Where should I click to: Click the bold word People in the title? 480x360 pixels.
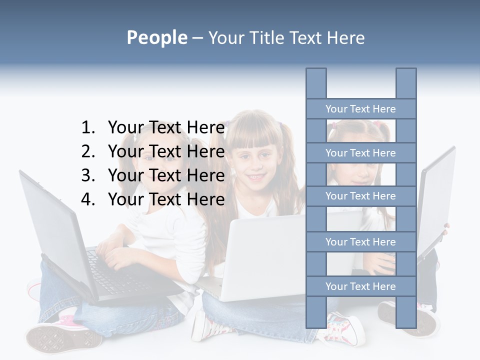(156, 37)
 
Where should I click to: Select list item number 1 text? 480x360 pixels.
(166, 128)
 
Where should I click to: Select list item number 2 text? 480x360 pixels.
(166, 151)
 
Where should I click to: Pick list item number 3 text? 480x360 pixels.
(166, 175)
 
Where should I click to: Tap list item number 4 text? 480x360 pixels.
(166, 199)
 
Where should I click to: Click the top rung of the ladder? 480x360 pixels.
(360, 109)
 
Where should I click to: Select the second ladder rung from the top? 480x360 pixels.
(360, 153)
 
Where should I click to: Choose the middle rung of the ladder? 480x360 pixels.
(360, 196)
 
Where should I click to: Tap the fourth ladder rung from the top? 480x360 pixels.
(360, 242)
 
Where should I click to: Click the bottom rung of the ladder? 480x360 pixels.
(360, 286)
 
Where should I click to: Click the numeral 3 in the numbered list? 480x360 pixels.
(87, 175)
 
